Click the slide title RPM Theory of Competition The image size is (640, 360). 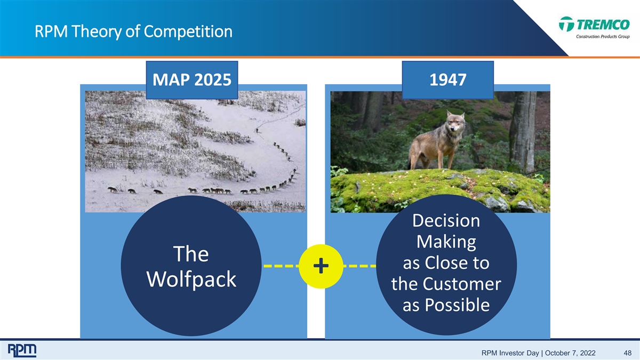pos(133,31)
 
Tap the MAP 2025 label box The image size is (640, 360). pos(192,80)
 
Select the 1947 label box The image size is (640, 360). pos(447,80)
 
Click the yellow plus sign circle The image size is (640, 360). pos(321,266)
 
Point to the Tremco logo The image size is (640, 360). pos(595,28)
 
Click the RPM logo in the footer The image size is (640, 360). pos(22,350)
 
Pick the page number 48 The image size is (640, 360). pos(627,353)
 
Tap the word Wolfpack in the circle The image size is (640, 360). pos(191,279)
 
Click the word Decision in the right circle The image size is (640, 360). pos(446,221)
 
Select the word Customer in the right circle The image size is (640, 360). pos(462,284)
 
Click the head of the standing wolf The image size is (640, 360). pos(455,122)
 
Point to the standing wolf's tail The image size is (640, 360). pos(410,160)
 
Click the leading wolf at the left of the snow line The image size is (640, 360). pos(113,190)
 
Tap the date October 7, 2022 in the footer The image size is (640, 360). pos(570,353)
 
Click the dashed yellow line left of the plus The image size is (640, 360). pos(281,266)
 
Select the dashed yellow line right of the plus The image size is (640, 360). pos(359,266)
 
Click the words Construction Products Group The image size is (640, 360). pos(603,37)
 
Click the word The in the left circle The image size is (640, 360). pos(191,254)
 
